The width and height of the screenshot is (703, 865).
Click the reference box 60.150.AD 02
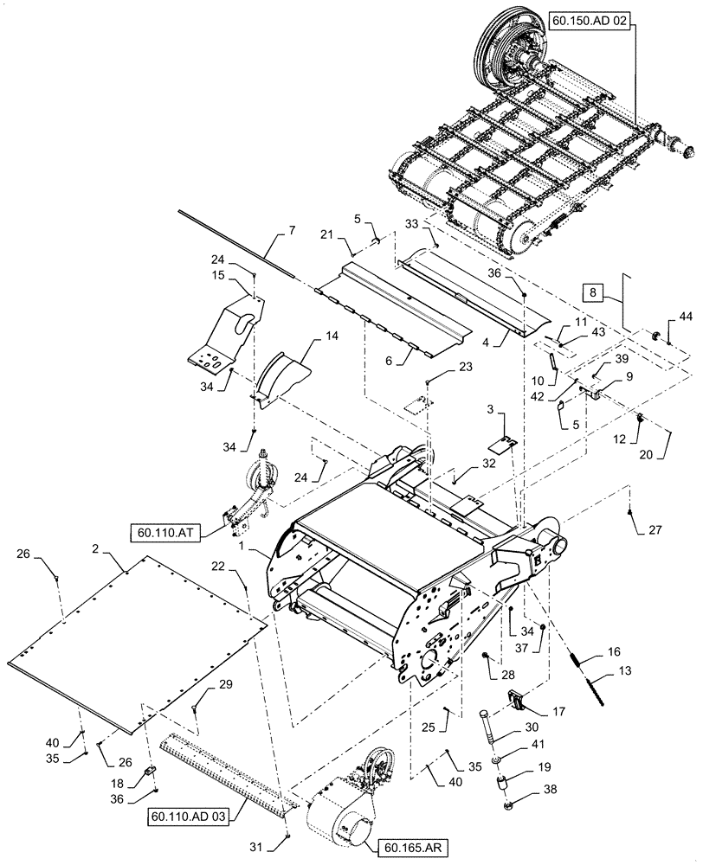pos(590,17)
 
